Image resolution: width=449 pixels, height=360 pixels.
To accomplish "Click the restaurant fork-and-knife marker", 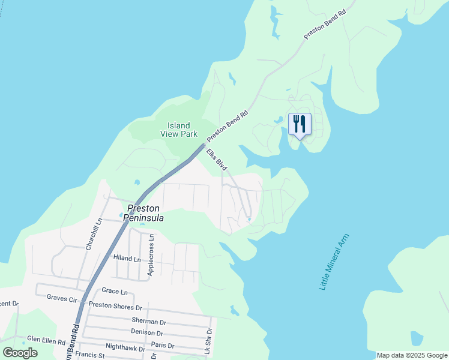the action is (x=300, y=124).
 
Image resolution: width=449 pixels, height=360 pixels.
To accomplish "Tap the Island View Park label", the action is (x=182, y=130).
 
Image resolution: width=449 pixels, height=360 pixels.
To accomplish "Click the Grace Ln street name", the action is (x=115, y=292).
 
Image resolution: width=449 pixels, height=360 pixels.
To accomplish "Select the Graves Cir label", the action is (x=62, y=297).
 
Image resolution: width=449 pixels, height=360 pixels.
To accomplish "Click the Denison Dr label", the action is (x=146, y=332).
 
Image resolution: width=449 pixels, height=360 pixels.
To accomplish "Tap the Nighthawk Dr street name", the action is (x=124, y=348).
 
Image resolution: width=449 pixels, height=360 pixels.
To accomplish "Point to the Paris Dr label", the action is (x=163, y=346).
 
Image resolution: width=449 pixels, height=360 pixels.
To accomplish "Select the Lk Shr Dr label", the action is (x=209, y=340).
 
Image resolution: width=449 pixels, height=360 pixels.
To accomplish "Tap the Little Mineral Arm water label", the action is (x=334, y=263).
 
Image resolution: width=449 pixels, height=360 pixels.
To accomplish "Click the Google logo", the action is (x=20, y=353).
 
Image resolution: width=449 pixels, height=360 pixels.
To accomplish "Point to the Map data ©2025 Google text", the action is (x=412, y=355).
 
